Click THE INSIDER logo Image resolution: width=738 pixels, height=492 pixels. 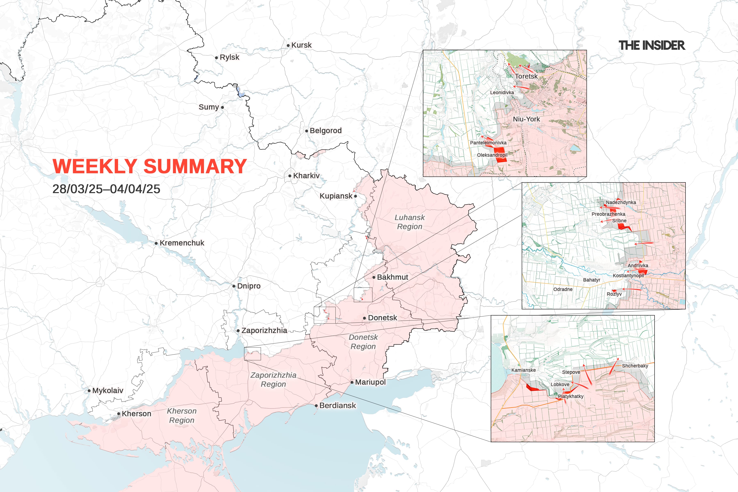tap(651, 46)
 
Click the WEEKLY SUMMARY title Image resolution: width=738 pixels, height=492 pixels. tap(149, 166)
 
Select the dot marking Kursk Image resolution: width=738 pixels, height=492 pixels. tap(288, 46)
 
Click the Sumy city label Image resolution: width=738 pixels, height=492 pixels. tap(209, 107)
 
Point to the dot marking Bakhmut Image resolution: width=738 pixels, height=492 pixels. tap(374, 277)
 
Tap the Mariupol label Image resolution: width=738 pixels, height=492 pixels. tap(370, 382)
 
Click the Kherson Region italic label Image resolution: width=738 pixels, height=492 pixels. tap(182, 416)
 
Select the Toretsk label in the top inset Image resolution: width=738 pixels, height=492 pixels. tap(526, 76)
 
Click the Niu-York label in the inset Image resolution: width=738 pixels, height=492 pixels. tap(526, 119)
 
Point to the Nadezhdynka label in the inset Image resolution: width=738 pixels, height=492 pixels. tap(621, 202)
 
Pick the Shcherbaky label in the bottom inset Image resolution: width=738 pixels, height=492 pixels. tap(635, 366)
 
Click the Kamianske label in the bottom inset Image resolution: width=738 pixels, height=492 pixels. tap(523, 370)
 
